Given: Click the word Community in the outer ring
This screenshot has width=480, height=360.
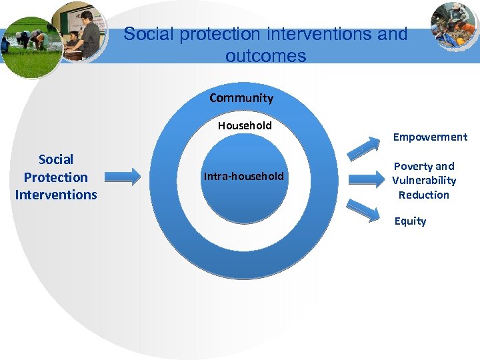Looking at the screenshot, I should click(241, 98).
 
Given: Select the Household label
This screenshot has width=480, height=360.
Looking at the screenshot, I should click(245, 125).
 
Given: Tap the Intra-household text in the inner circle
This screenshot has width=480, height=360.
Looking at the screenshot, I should click(244, 177).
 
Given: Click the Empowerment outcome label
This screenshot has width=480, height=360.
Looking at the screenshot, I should click(430, 137).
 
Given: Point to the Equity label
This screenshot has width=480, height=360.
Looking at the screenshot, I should click(410, 221).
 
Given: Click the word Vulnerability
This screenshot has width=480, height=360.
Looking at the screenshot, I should click(424, 181).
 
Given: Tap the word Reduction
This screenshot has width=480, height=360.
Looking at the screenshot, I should click(424, 195).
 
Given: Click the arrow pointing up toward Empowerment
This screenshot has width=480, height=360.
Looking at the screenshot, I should click(364, 146).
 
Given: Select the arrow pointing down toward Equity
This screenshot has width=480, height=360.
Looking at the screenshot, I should click(364, 209).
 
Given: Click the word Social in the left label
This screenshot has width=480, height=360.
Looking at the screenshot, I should click(56, 159).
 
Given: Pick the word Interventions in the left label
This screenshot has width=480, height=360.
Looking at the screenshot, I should click(56, 195).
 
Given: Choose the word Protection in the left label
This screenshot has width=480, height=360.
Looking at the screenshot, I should click(56, 177).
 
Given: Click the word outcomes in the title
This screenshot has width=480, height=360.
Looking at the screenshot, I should click(265, 56).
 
